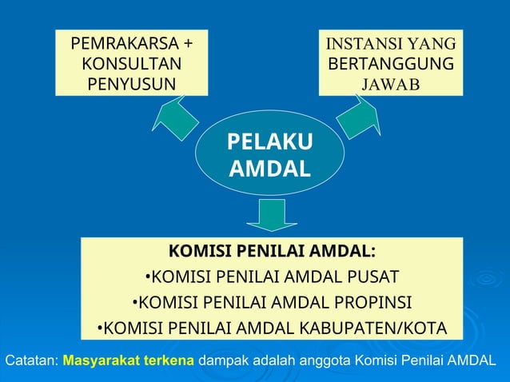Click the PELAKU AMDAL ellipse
(270, 155)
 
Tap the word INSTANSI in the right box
(359, 43)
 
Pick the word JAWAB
(390, 84)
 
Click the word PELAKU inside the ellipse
(270, 142)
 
